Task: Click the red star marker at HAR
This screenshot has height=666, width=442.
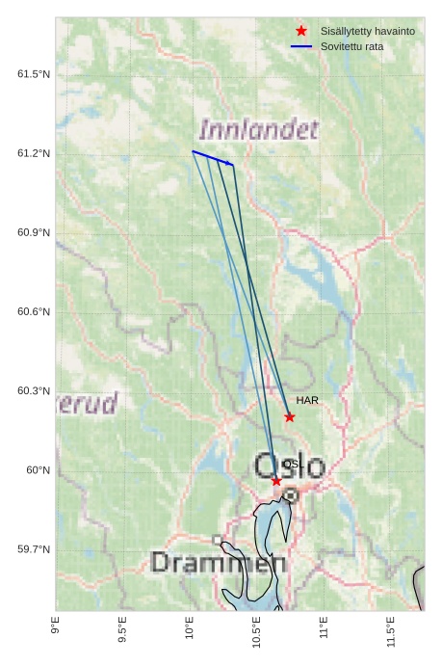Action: coord(290,417)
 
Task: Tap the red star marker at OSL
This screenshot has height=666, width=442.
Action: coord(276,481)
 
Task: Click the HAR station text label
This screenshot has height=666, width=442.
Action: coord(307,400)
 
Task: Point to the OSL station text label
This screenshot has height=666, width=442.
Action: coord(293,464)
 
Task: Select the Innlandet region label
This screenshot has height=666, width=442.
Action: coord(257,129)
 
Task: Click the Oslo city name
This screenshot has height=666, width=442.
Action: coord(290,466)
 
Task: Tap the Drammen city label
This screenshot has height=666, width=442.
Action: coord(219,562)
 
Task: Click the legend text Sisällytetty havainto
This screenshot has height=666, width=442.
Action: coord(368,32)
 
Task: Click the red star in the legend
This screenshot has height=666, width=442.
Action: coord(301,32)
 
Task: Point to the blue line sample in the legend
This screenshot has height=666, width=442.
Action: coord(301,46)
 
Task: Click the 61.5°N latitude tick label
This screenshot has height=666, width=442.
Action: coord(34,75)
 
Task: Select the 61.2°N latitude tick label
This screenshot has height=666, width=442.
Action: coord(34,154)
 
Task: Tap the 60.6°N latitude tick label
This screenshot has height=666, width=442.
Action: coord(34,312)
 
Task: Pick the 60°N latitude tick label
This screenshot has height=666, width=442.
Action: coord(38,470)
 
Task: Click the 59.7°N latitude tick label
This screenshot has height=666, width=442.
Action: coord(34,549)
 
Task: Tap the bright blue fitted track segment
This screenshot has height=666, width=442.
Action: coord(212,158)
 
